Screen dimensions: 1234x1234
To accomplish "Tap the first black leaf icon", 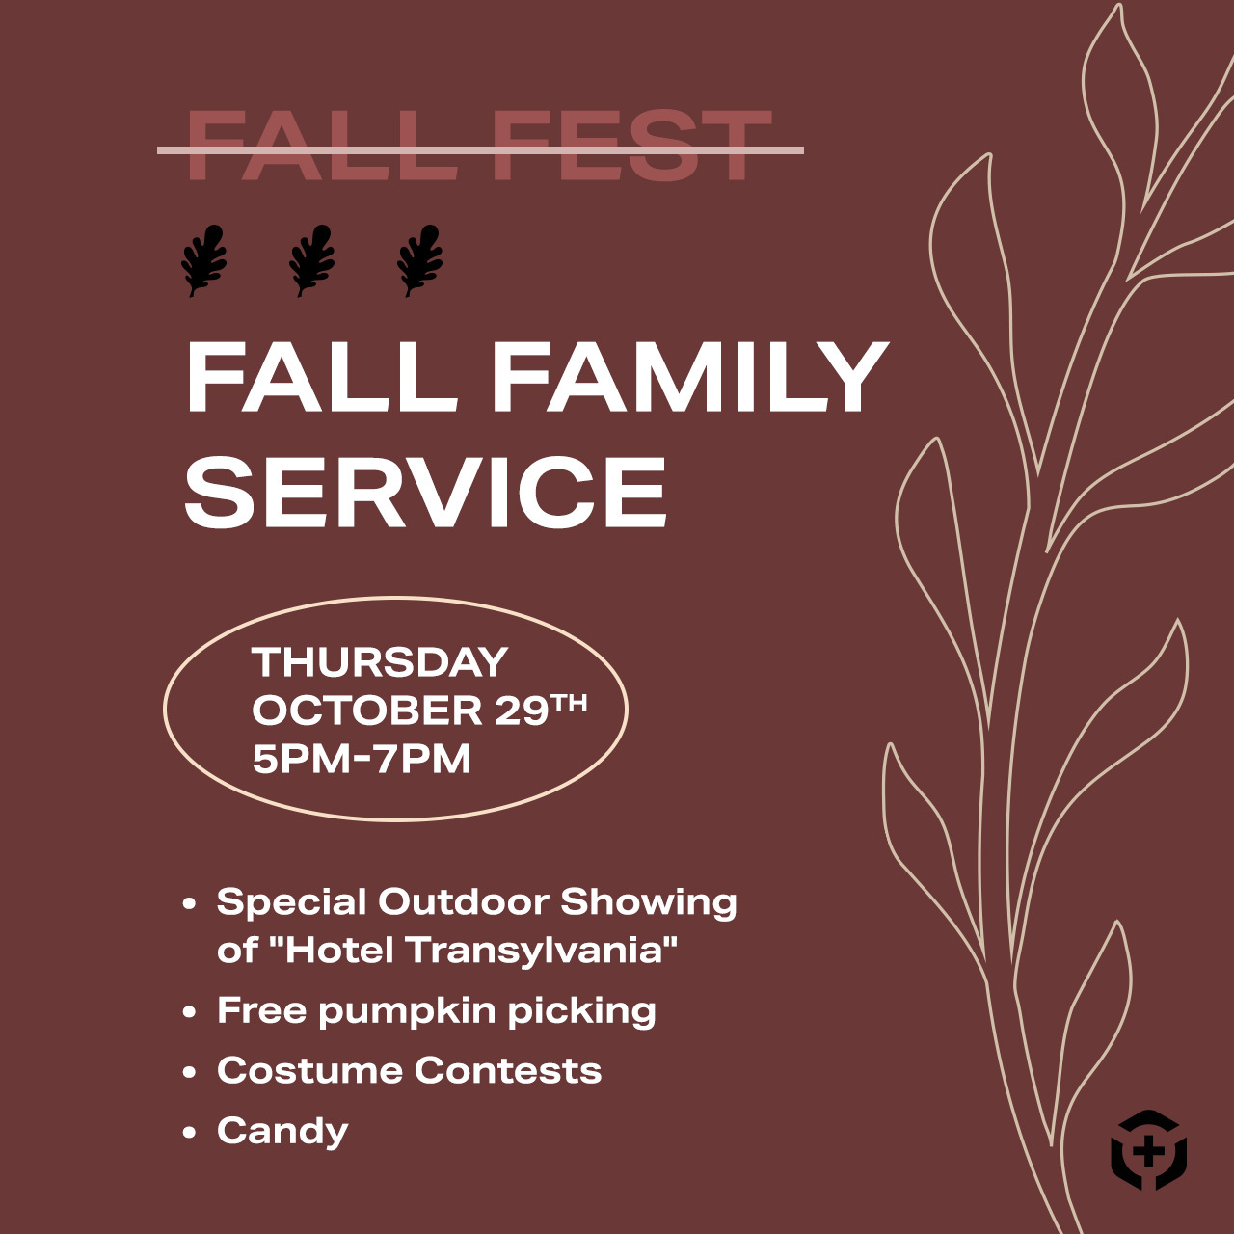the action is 203,260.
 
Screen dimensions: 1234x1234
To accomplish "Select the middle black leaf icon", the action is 311,260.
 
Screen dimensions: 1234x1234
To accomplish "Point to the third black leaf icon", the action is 419,260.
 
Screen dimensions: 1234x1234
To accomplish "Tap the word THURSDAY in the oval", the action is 380,661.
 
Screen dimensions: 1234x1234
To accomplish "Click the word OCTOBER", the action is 367,711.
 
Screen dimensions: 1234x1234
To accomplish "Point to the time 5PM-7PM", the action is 362,760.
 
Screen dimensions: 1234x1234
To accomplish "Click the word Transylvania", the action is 542,951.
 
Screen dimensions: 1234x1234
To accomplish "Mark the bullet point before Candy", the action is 189,1133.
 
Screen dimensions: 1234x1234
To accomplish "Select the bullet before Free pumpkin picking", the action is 189,1012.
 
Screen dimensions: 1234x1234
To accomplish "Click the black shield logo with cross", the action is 1149,1151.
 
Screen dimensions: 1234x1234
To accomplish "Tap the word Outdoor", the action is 464,902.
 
